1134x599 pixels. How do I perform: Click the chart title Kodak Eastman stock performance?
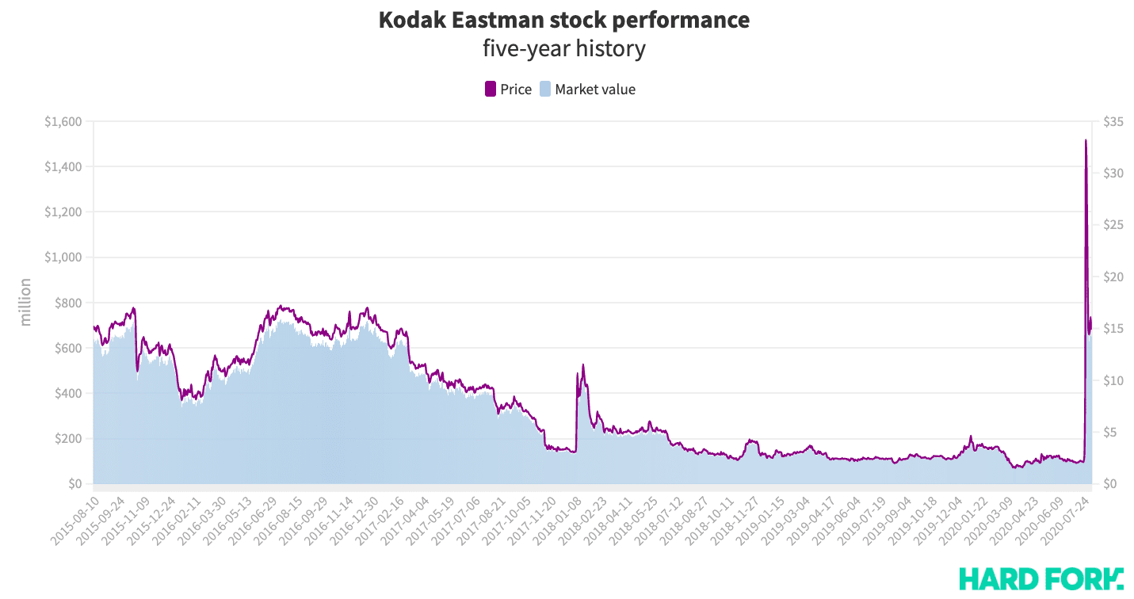[563, 20]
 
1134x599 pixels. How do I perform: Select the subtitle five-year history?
[563, 48]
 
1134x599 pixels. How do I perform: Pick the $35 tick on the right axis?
[1113, 121]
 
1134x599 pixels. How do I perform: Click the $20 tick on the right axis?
[1113, 277]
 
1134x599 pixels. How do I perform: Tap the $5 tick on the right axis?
[1110, 432]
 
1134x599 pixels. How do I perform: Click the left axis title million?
[25, 302]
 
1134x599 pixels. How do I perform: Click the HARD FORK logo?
[1041, 579]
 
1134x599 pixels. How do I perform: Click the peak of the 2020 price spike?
[1085, 141]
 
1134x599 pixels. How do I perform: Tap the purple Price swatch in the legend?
[491, 90]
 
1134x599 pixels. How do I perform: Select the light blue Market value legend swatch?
[545, 90]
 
